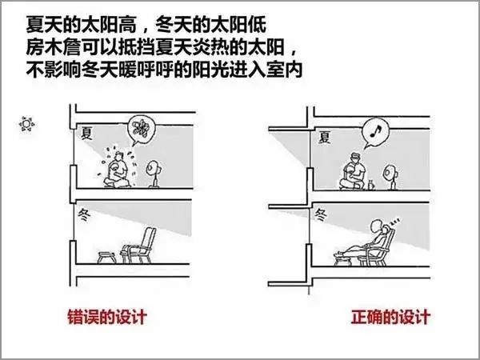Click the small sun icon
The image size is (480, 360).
coord(26,124)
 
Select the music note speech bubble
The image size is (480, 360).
coord(375,132)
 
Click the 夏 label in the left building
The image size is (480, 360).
coord(86,133)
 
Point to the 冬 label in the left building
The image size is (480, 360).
coord(84,215)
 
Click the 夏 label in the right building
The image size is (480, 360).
coord(325,137)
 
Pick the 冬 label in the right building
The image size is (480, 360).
coord(321,215)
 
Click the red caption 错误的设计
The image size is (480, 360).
coord(107,317)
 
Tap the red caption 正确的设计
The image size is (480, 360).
coord(390,317)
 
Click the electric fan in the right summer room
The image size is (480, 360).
coord(390,176)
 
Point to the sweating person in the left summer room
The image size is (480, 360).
coord(116,170)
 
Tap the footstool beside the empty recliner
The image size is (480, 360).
coord(107,257)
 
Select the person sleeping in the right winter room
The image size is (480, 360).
coord(364,240)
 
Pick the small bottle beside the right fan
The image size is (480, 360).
coord(371,186)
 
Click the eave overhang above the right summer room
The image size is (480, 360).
coord(288,129)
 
